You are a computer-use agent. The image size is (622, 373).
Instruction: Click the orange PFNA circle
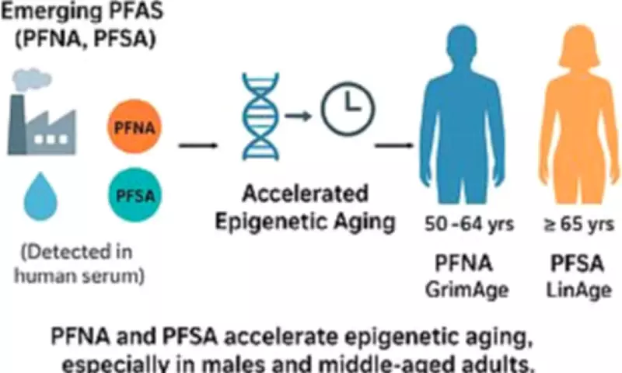pyautogui.click(x=134, y=124)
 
